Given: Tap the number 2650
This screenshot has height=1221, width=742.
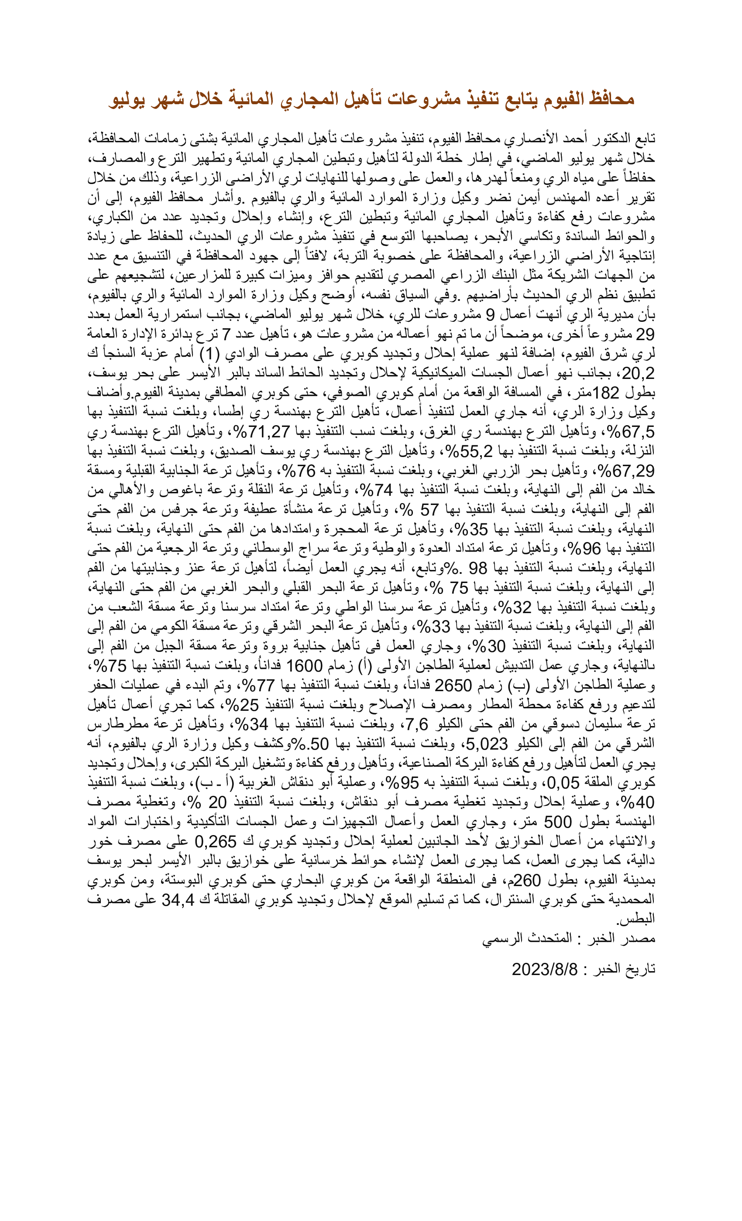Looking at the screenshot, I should (453, 686).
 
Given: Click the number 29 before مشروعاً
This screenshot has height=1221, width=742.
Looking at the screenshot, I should (644, 334).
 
